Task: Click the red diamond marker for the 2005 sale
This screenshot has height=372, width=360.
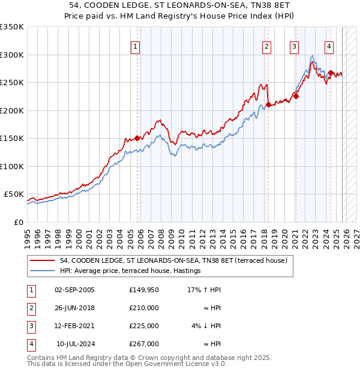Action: [137, 138]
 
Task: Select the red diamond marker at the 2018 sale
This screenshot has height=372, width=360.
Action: [268, 105]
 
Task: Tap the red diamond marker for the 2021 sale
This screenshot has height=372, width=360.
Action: [296, 95]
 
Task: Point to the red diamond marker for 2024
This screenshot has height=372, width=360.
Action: [331, 73]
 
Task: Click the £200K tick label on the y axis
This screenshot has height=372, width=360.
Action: [11, 110]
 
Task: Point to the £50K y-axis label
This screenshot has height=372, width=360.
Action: [13, 194]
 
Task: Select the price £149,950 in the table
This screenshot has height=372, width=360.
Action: [144, 290]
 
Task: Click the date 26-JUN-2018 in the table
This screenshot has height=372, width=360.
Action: [74, 308]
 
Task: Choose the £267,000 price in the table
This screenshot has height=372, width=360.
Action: [144, 344]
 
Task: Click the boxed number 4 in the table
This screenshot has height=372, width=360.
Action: [30, 344]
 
